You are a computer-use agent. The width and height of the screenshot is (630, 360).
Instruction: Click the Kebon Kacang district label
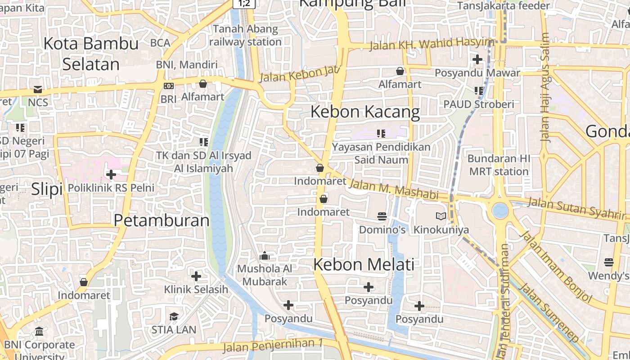tap(365, 112)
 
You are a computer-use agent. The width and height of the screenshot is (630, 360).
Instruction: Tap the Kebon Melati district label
tap(364, 264)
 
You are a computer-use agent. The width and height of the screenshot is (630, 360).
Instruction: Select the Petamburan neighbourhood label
tap(162, 220)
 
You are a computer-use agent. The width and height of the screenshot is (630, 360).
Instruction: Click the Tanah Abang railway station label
tap(246, 36)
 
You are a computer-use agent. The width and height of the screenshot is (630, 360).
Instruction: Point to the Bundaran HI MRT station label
tap(499, 165)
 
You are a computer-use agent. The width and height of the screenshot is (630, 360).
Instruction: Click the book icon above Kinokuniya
tap(441, 216)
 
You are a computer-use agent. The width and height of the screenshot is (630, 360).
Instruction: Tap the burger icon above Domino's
tap(382, 216)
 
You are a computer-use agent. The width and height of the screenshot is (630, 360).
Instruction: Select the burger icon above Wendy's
tap(609, 262)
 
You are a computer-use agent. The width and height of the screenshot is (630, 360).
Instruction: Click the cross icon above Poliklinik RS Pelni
tap(111, 174)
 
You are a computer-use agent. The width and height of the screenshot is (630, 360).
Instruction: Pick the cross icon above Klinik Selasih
tap(196, 276)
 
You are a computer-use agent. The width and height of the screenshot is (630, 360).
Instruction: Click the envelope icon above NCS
tap(38, 90)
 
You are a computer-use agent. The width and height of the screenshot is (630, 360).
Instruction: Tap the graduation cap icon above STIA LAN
tap(174, 316)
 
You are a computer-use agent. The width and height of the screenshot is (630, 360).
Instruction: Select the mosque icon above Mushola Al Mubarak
tap(265, 256)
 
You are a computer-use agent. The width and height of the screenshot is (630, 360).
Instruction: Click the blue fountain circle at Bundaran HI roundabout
tap(500, 210)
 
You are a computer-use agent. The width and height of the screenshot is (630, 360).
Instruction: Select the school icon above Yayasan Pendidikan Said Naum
tap(381, 134)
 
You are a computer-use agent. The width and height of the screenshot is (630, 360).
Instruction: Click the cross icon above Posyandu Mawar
tap(477, 59)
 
